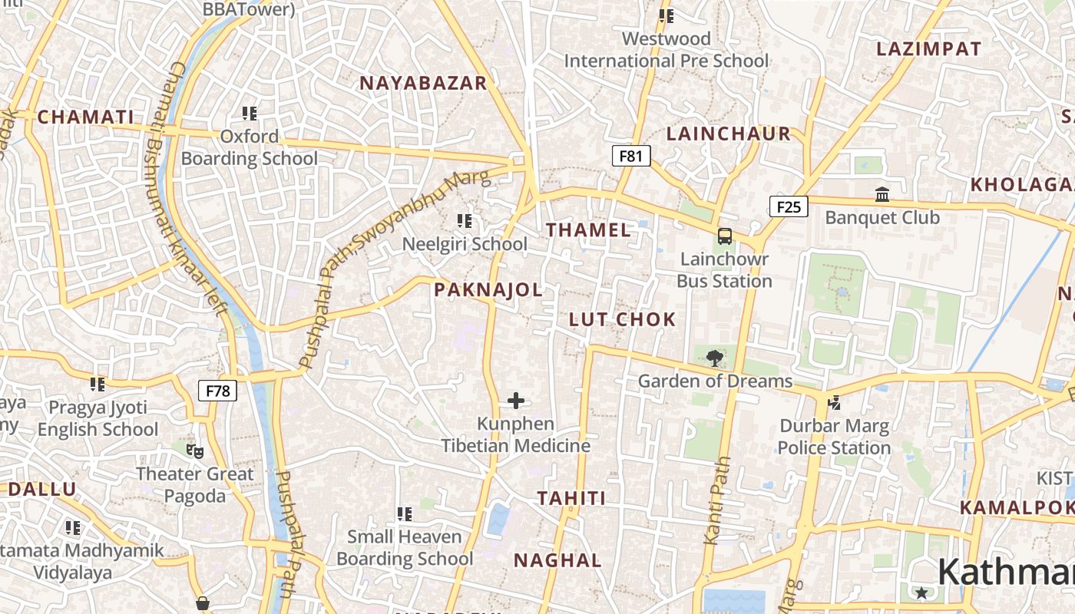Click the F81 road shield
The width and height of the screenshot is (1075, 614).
[630, 157]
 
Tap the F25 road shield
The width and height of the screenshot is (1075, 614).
[789, 206]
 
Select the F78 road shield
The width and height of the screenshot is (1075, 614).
[218, 391]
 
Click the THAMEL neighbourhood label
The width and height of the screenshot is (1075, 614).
[588, 229]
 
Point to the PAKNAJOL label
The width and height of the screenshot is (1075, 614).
[488, 289]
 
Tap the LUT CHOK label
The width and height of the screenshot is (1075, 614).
[623, 319]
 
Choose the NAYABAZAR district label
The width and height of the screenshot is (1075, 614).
[424, 83]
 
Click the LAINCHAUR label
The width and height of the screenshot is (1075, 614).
[728, 134]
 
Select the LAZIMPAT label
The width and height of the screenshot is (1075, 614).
[928, 49]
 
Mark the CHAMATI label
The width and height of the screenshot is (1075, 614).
[85, 117]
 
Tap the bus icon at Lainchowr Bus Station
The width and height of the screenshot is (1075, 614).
[724, 236]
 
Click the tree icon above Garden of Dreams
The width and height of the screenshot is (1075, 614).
[714, 357]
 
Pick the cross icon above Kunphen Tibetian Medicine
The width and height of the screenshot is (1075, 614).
[516, 400]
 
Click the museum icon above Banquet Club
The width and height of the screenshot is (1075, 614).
[882, 195]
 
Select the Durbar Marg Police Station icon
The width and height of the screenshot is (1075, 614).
[834, 402]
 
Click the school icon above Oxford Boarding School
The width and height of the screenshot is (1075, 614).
[249, 114]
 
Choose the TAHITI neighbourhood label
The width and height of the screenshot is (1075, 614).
[571, 498]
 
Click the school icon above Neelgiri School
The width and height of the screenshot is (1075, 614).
[465, 221]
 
